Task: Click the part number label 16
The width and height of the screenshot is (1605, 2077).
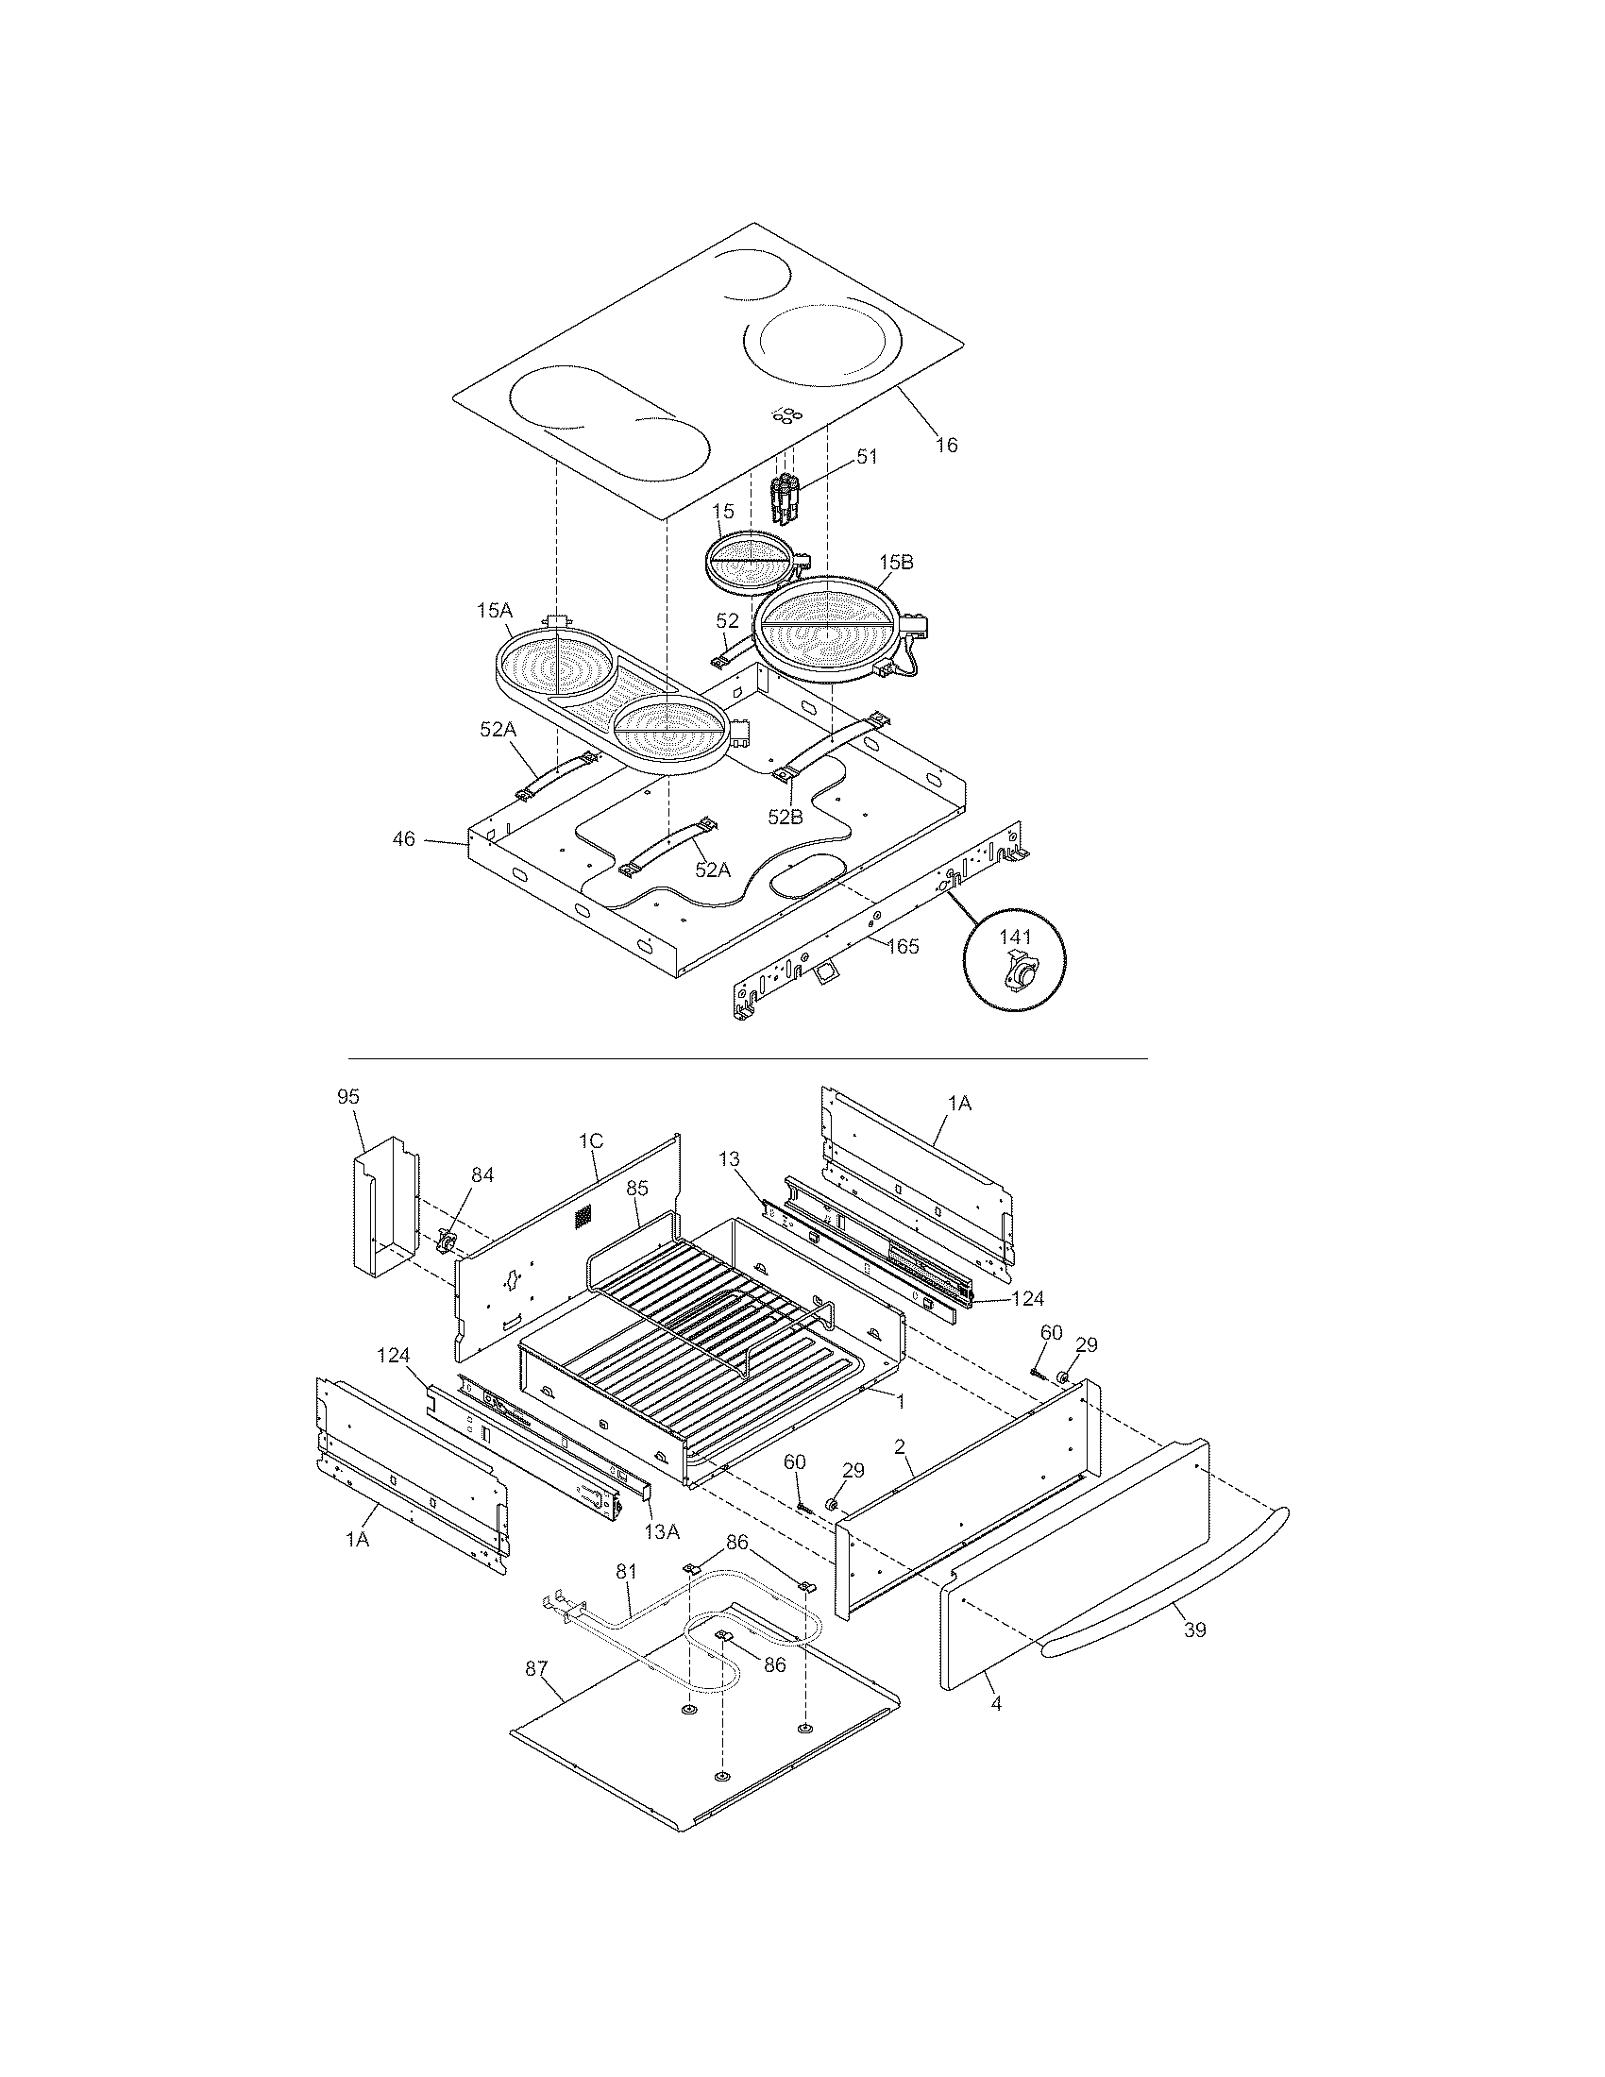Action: [x=946, y=444]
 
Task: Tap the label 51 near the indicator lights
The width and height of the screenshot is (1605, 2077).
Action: [x=866, y=457]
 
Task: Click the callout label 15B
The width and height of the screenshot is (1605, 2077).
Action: [x=896, y=562]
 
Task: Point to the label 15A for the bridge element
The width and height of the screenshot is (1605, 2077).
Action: [x=495, y=611]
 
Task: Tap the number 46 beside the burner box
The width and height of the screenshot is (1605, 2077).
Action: [x=404, y=838]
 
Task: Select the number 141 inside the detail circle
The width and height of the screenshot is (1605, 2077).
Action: [x=1015, y=937]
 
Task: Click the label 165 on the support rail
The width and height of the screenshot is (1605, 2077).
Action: [x=904, y=946]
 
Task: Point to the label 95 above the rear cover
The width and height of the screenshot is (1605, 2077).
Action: [x=348, y=1096]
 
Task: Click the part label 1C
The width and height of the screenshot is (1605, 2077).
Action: [x=589, y=1140]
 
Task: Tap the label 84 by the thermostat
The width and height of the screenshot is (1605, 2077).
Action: [x=482, y=1175]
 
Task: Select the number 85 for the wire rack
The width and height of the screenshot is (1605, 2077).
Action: [x=637, y=1188]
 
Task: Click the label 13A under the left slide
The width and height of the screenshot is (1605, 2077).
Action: [x=662, y=1530]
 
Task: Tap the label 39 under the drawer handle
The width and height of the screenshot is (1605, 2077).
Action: [x=1195, y=1630]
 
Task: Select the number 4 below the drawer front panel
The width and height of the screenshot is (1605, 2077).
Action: [x=995, y=1705]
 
